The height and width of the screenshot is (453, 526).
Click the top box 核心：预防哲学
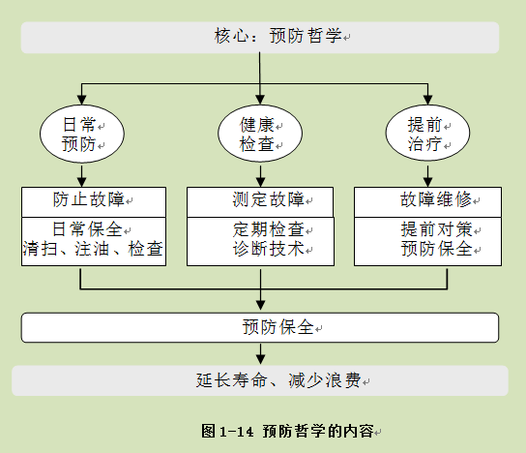[260, 38]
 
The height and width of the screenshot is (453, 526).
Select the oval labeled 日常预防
[82, 134]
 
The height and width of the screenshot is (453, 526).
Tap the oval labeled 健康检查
[260, 134]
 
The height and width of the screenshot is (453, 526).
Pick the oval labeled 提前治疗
[427, 133]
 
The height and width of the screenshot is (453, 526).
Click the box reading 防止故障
[94, 202]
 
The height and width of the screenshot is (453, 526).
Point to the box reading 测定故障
[260, 202]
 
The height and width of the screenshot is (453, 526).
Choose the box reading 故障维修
[427, 202]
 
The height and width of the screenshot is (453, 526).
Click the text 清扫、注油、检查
[93, 249]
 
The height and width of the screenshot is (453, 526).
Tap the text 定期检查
[269, 229]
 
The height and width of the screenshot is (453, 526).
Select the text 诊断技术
[269, 249]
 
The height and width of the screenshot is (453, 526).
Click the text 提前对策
[436, 229]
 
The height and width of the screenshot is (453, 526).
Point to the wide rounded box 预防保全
[260, 327]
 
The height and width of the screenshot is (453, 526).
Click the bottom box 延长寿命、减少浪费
[260, 380]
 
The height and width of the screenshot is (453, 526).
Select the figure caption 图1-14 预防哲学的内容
[287, 431]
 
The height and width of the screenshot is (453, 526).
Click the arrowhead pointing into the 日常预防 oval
[82, 100]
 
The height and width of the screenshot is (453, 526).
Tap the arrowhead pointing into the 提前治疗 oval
[427, 100]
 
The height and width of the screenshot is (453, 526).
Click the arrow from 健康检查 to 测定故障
[261, 174]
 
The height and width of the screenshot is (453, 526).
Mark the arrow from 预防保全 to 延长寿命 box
[261, 353]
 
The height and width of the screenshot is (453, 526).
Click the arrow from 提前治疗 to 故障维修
[427, 174]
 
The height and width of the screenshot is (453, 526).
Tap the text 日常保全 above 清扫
[87, 229]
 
